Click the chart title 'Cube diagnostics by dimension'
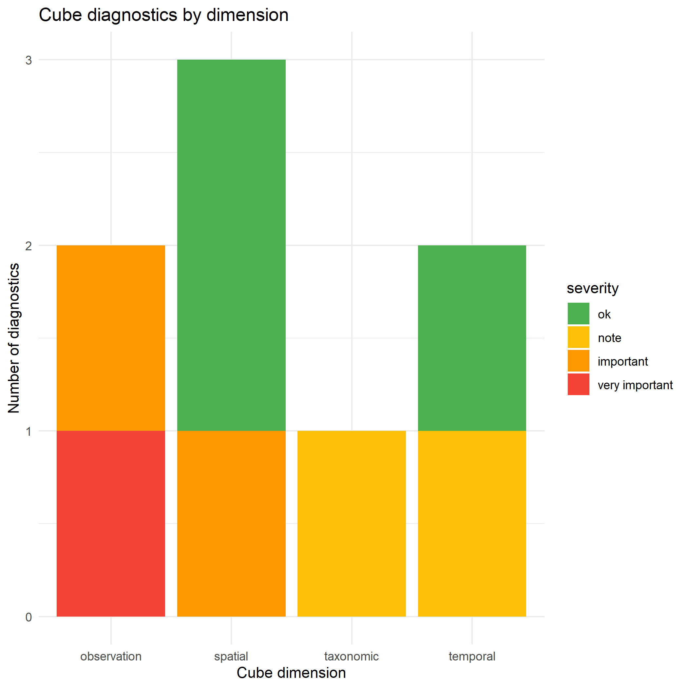click(163, 15)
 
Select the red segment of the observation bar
click(111, 524)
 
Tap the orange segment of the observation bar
click(111, 338)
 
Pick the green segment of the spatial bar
click(231, 245)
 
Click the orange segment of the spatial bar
click(231, 524)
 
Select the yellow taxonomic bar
click(352, 524)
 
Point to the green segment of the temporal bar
click(472, 338)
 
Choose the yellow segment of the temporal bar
click(472, 524)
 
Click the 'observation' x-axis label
click(111, 656)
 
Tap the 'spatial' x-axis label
click(231, 656)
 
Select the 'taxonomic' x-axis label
click(352, 656)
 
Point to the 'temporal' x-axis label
click(472, 656)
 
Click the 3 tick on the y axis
click(29, 60)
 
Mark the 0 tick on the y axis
click(29, 617)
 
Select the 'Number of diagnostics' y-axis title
click(14, 338)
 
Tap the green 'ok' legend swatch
click(578, 314)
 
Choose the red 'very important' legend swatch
click(578, 385)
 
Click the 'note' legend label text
click(609, 337)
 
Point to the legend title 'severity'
click(593, 288)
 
